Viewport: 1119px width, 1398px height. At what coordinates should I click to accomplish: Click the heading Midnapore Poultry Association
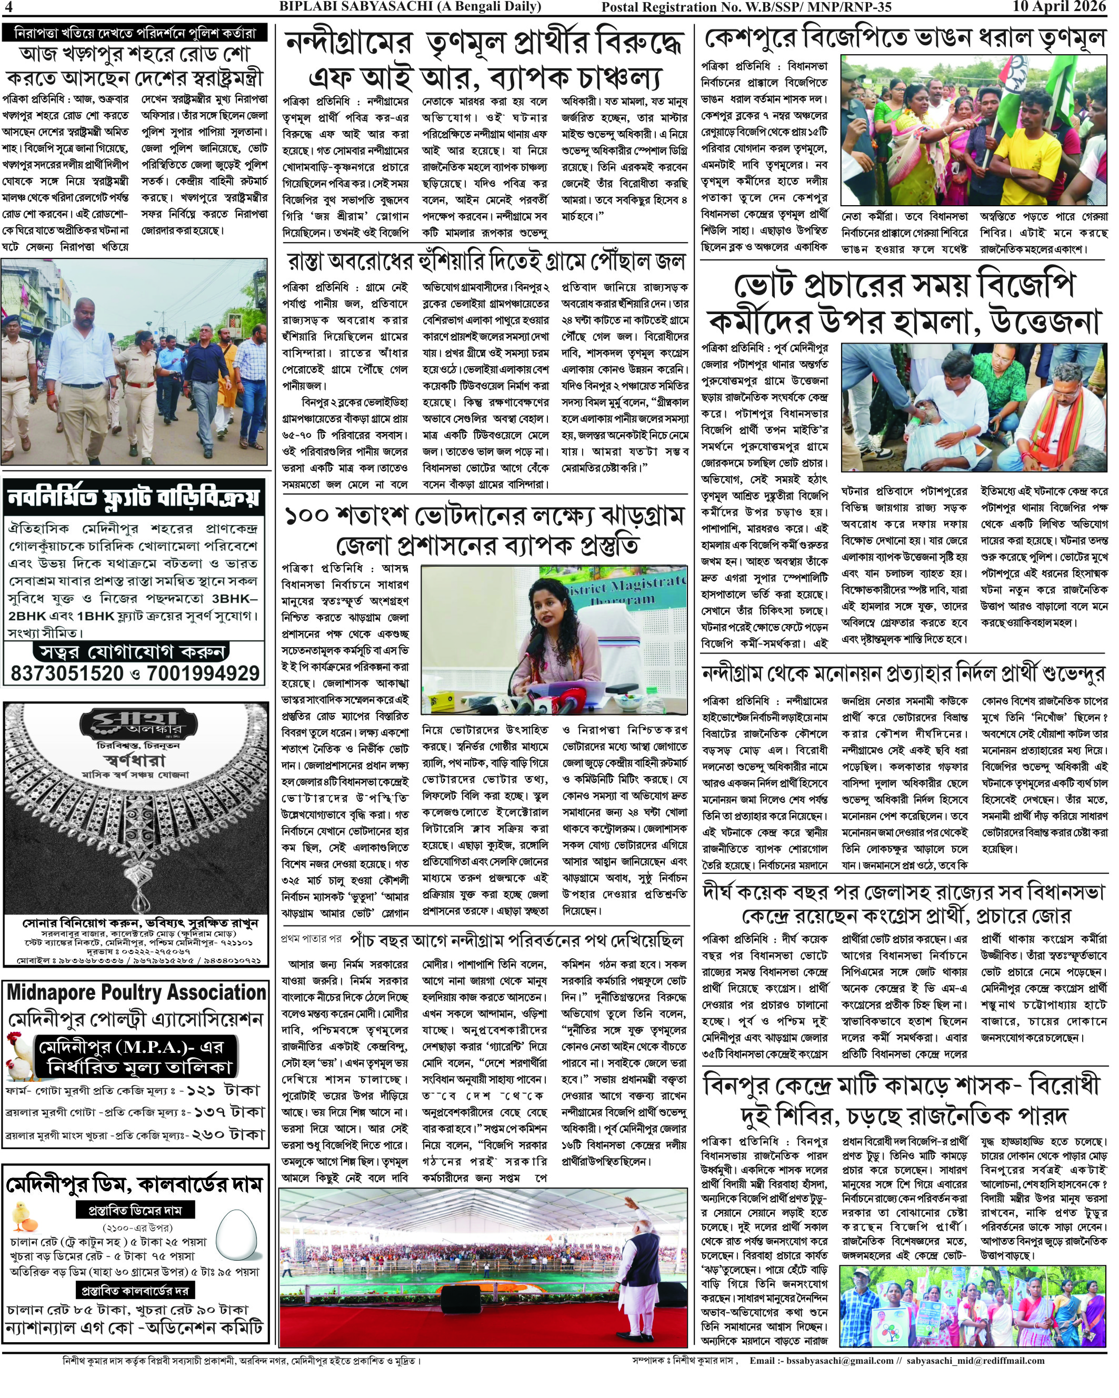point(136,993)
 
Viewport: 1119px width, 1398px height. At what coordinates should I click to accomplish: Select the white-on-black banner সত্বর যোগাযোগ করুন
point(132,651)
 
